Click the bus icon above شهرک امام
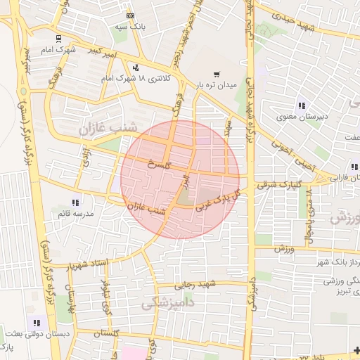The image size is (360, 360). click(x=58, y=39)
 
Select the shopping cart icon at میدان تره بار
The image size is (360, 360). click(x=217, y=73)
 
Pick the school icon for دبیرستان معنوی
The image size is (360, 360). click(x=301, y=105)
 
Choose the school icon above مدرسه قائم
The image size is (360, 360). click(x=75, y=202)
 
